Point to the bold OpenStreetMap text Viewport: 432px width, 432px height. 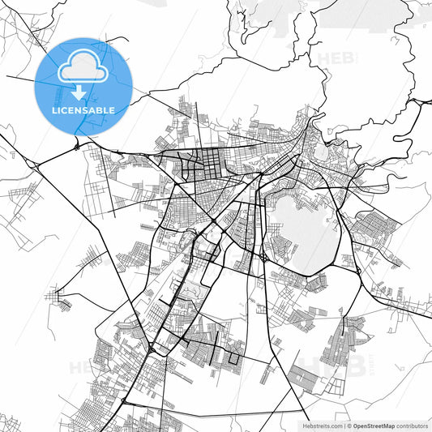pos(374,425)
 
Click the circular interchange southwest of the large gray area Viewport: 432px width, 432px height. pos(264,258)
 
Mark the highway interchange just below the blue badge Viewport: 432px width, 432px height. pos(75,146)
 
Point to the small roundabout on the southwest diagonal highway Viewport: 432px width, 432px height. pos(152,348)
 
